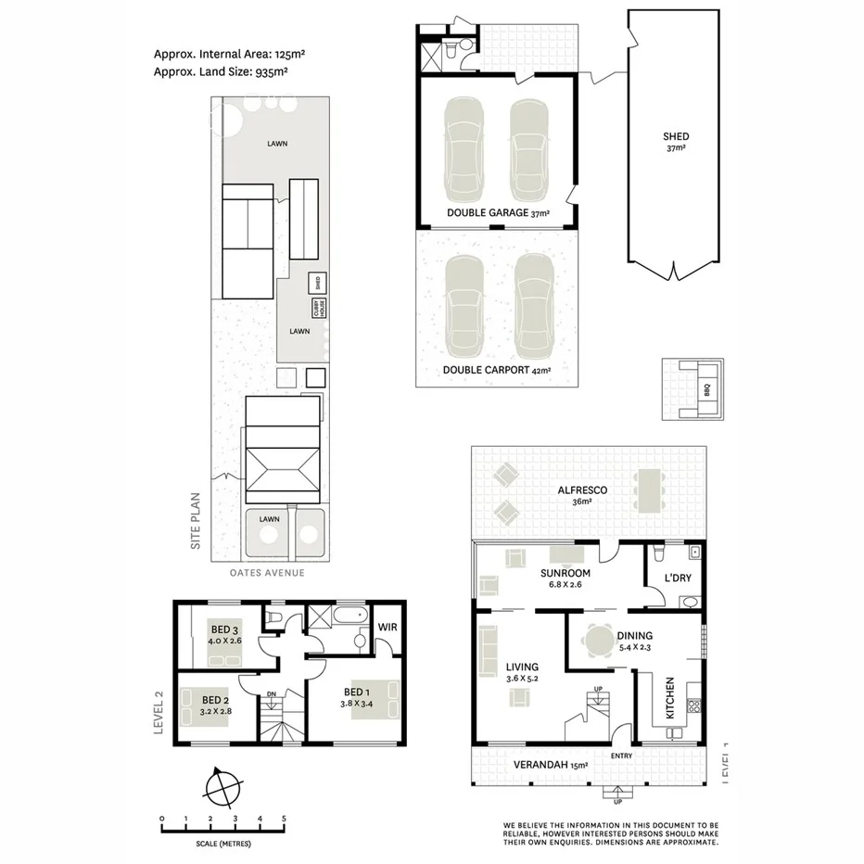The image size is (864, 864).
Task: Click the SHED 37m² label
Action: pyautogui.click(x=676, y=142)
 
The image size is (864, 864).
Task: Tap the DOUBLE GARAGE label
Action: pyautogui.click(x=486, y=213)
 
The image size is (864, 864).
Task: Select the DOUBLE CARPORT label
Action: pyautogui.click(x=486, y=370)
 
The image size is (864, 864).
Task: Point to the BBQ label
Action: pyautogui.click(x=706, y=388)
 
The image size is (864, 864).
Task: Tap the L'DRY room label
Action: pyautogui.click(x=676, y=578)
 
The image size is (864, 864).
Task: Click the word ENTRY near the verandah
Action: pyautogui.click(x=622, y=756)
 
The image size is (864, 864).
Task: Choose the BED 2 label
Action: pyautogui.click(x=214, y=699)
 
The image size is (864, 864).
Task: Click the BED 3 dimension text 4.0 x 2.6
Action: pyautogui.click(x=226, y=640)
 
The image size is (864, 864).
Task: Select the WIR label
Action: pyautogui.click(x=388, y=628)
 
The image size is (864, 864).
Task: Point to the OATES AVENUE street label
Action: pyautogui.click(x=267, y=573)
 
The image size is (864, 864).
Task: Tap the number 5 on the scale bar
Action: pyautogui.click(x=284, y=819)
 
